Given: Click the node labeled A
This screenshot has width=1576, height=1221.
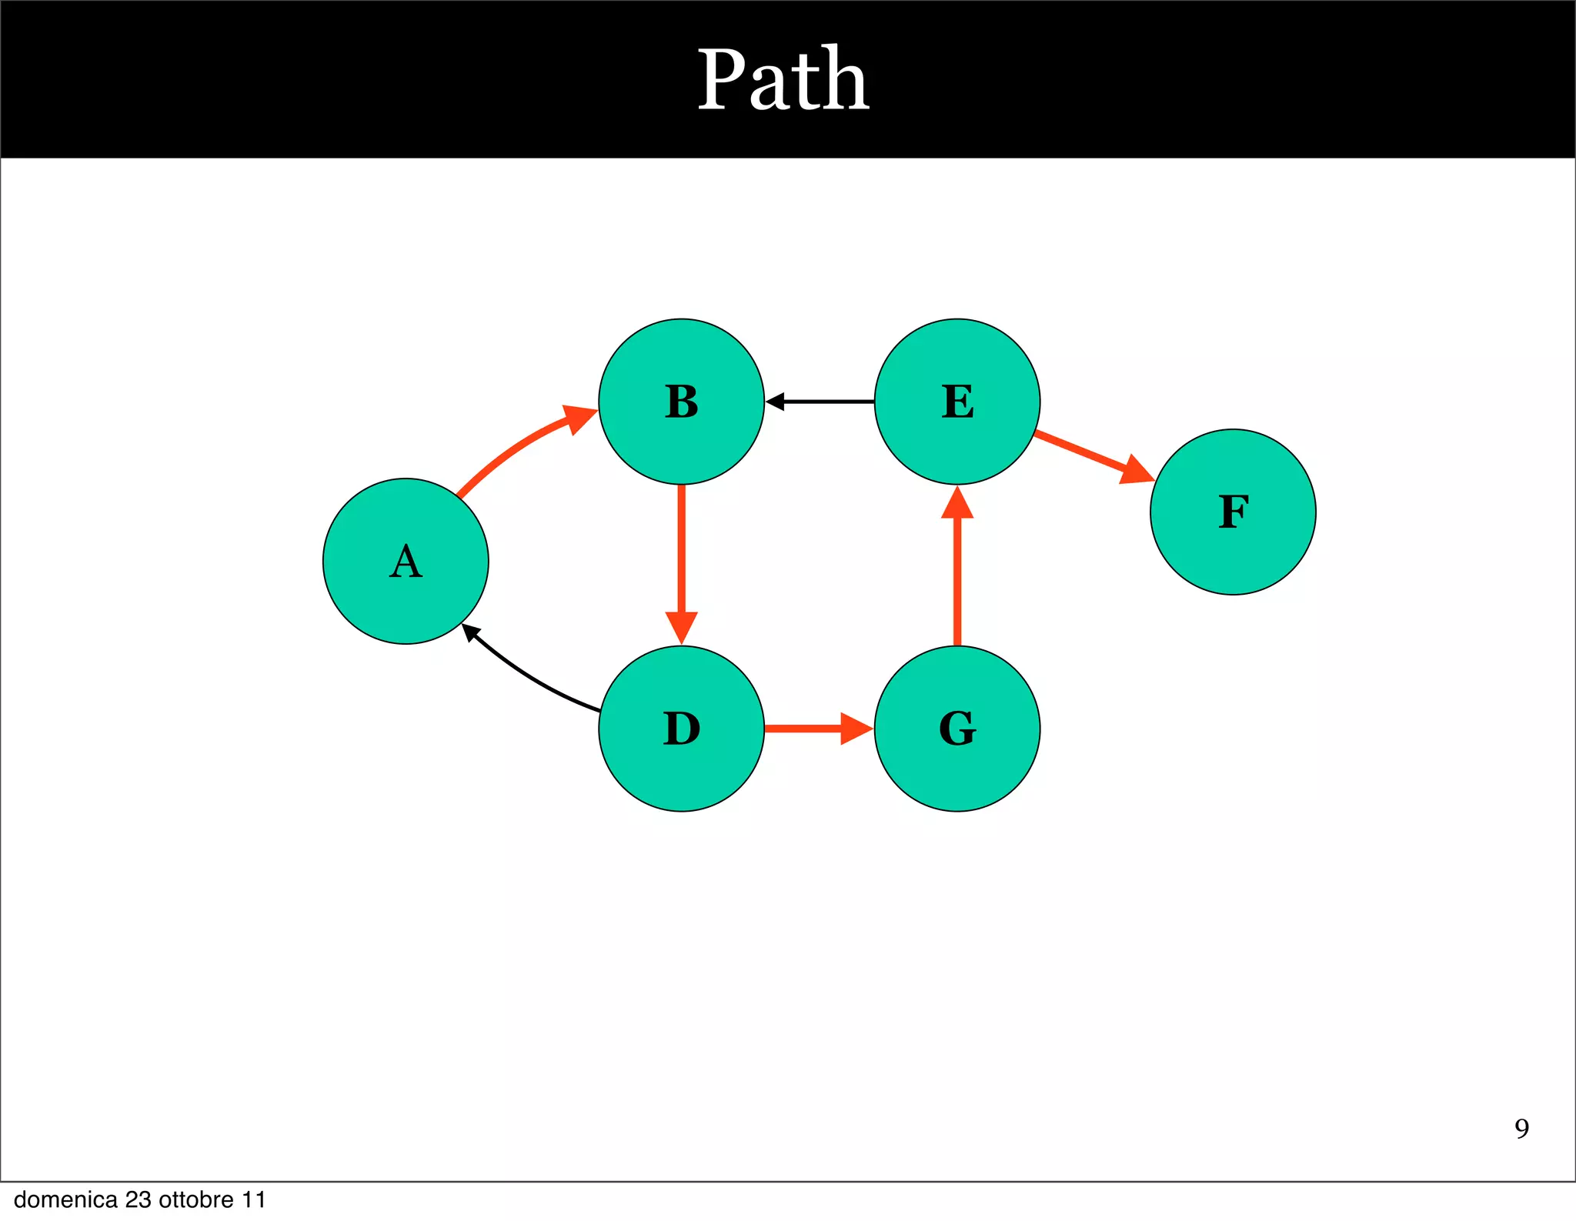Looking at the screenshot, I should tap(406, 561).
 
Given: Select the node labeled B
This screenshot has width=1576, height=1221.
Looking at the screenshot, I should tap(681, 402).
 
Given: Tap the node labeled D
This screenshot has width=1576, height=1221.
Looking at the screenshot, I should tap(681, 729).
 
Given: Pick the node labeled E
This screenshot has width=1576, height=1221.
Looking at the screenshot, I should tap(957, 402).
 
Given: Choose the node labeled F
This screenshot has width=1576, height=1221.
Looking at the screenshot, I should tap(1233, 512).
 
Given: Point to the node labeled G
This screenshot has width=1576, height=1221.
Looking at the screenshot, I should tap(957, 729).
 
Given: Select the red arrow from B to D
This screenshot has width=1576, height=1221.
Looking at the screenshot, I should tap(681, 554).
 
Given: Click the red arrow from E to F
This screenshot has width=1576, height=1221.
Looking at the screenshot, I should tap(1085, 454).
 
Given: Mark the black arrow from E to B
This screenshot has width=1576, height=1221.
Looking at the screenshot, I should tap(823, 402).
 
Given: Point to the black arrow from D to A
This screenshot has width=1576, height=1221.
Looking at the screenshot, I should tap(531, 677).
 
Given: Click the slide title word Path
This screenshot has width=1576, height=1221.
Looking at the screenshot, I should tap(783, 79).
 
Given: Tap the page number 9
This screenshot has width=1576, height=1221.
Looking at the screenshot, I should tap(1521, 1129).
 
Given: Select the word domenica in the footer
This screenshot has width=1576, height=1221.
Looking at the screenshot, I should tap(65, 1200).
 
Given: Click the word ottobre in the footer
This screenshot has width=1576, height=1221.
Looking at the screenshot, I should tap(196, 1200).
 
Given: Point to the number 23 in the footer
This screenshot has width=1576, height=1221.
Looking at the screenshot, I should tap(138, 1200).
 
